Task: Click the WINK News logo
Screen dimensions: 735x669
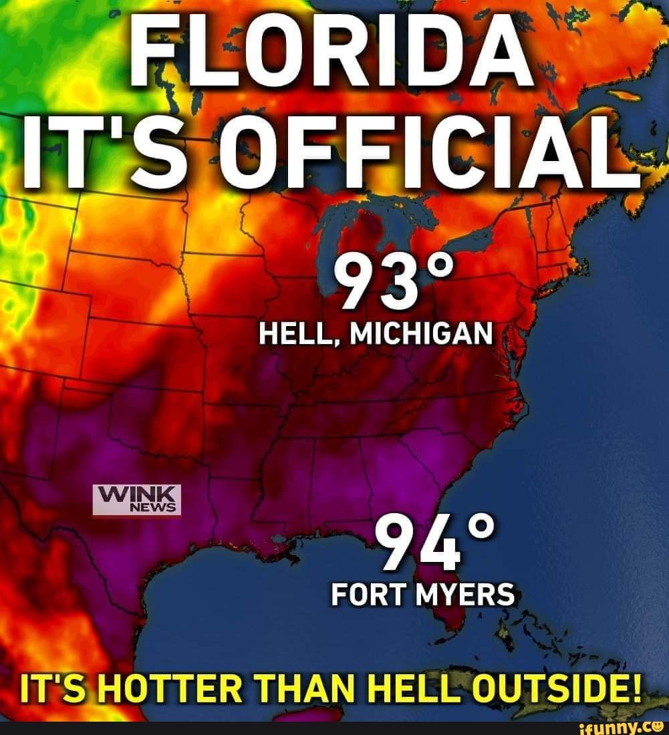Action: pos(136,500)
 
